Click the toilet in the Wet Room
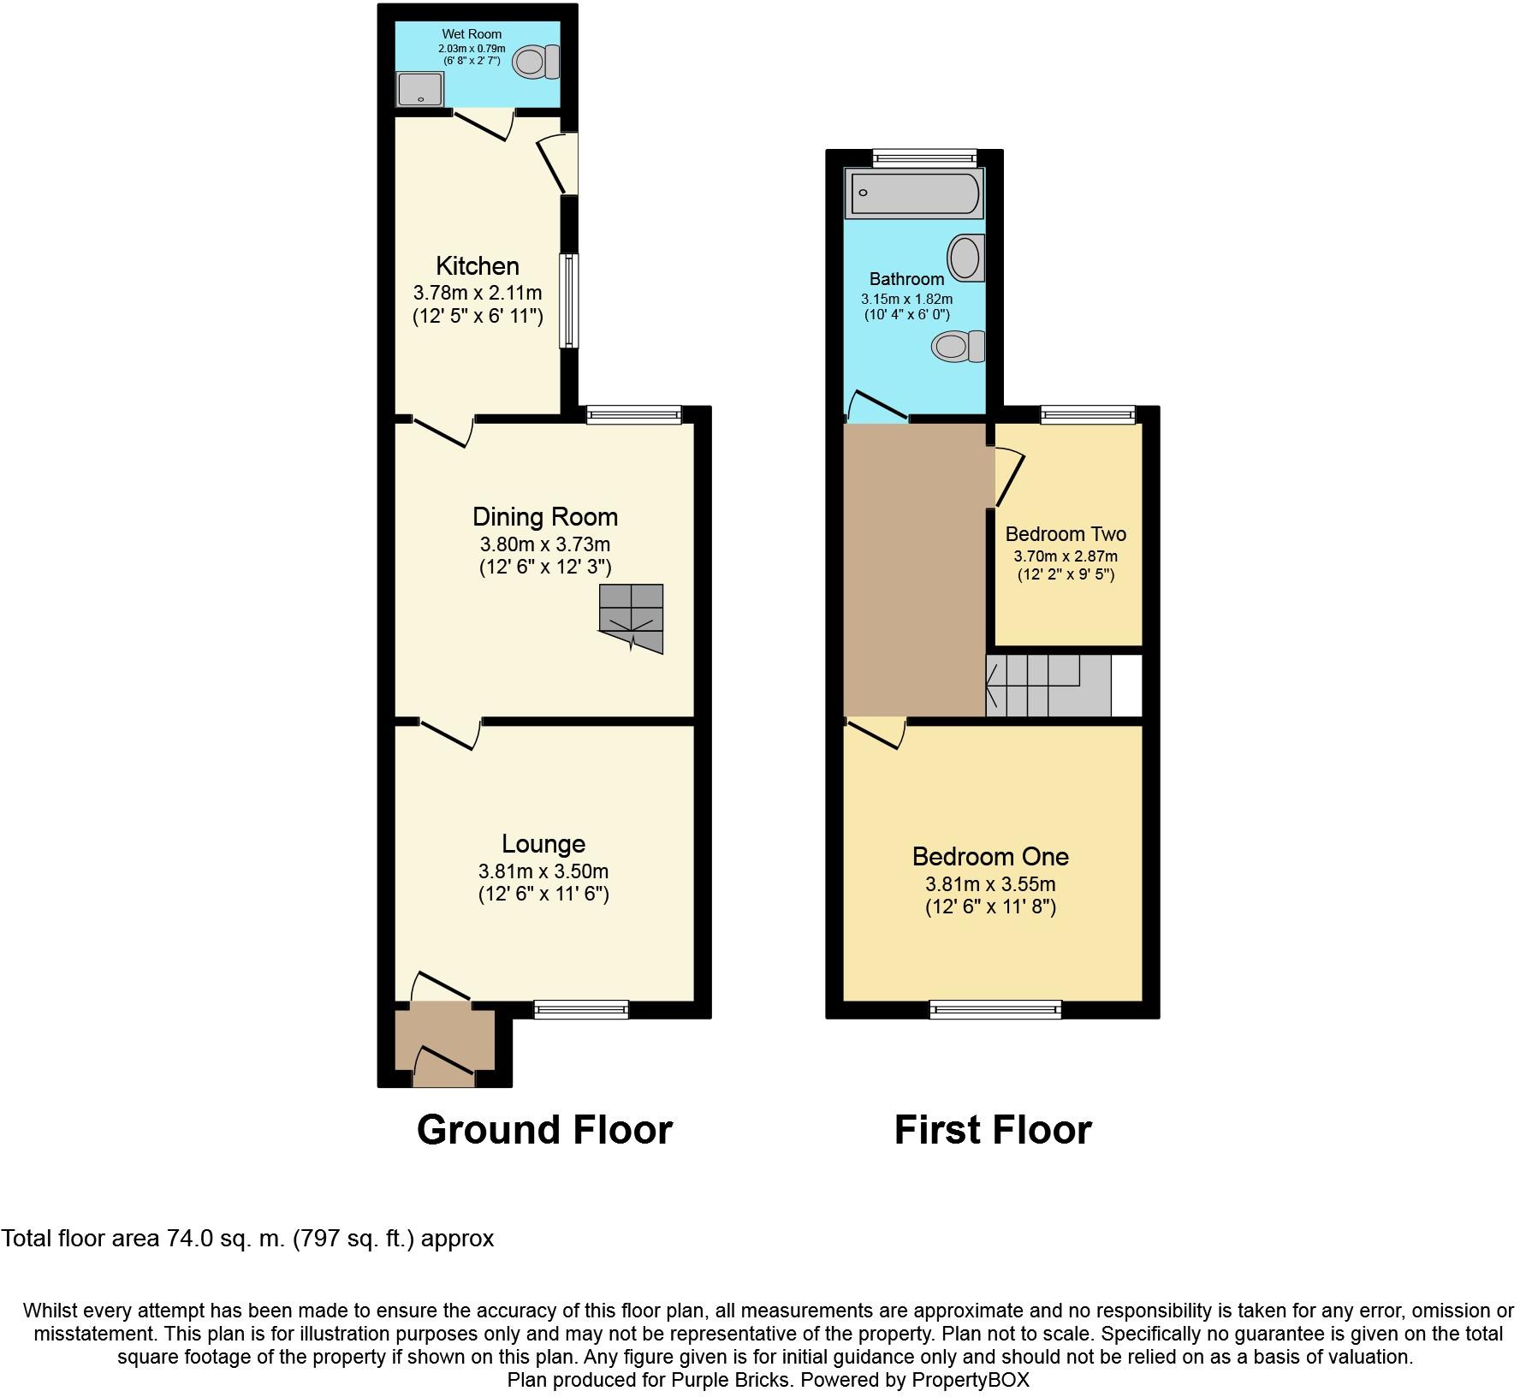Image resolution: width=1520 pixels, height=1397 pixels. [x=536, y=62]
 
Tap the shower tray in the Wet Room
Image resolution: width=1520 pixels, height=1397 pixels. [x=420, y=89]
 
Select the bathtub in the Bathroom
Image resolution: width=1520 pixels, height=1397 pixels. [x=913, y=193]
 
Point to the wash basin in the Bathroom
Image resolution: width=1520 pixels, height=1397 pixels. [x=966, y=258]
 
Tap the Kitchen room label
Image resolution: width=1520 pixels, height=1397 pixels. [x=478, y=265]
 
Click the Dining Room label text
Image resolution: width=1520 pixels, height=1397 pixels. [x=545, y=517]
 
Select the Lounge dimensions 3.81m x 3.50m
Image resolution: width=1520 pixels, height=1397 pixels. [x=543, y=872]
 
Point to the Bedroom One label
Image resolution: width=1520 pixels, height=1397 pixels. [x=990, y=856]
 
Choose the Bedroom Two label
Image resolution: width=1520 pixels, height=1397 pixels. [x=1066, y=534]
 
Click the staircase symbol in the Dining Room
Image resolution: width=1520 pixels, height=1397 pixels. [x=632, y=618]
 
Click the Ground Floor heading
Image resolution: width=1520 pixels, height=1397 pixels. [x=544, y=1130]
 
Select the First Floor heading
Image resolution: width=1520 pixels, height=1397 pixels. [x=993, y=1130]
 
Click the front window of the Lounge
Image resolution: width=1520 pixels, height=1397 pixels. [x=581, y=1010]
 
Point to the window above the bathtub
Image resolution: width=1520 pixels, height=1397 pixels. [x=924, y=157]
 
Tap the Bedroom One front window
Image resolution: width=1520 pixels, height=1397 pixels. [x=995, y=1010]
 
